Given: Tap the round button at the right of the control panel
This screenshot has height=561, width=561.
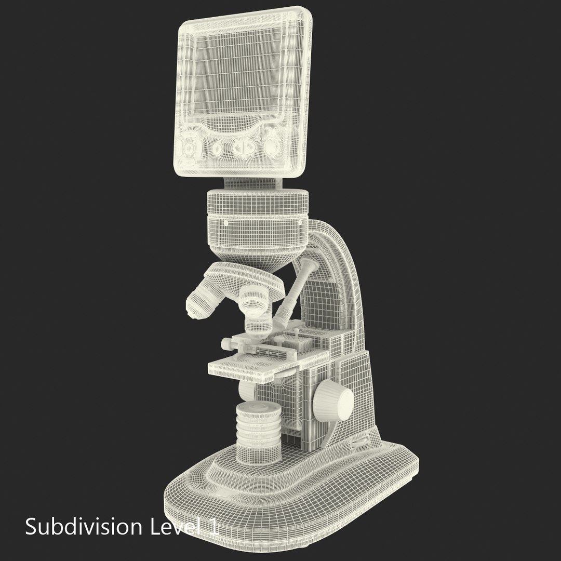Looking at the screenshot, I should coord(272,147).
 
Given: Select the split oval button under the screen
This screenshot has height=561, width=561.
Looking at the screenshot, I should coord(243,148).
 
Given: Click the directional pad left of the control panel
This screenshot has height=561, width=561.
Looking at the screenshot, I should coord(189,148).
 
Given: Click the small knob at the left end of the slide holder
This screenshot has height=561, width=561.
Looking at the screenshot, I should coord(227,343).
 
